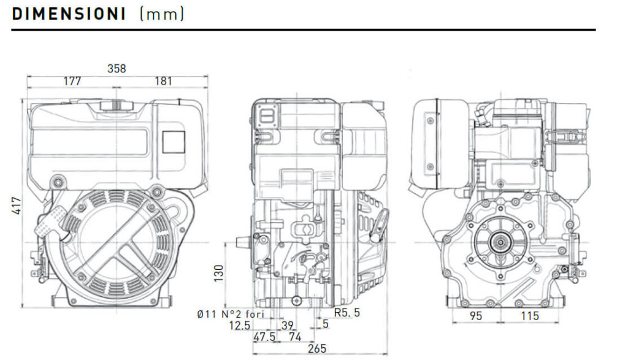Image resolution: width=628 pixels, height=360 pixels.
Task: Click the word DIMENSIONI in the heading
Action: coord(69,14)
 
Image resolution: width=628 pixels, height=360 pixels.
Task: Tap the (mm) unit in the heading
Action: coord(162,15)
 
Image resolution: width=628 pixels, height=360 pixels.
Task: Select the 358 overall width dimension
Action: coord(117,69)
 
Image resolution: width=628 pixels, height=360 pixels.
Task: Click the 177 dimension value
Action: coord(72,82)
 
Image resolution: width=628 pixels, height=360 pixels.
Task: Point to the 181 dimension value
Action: coord(163,82)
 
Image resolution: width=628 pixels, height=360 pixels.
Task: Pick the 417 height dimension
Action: coord(17,205)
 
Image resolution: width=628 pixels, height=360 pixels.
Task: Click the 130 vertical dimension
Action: coord(219,273)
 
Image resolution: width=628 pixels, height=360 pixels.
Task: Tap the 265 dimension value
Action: coord(317,348)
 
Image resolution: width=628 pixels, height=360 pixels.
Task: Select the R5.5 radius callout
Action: coord(347,312)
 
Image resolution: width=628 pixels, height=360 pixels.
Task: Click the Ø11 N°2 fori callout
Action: coord(231,314)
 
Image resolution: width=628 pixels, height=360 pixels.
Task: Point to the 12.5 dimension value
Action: coord(240,326)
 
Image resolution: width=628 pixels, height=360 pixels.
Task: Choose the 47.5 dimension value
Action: coord(264,337)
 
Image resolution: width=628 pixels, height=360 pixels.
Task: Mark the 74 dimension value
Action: coord(295,337)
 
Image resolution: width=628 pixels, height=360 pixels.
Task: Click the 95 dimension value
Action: coord(475,316)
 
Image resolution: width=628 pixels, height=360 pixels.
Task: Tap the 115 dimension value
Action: coord(530,316)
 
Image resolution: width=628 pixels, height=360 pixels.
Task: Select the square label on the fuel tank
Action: coord(174,142)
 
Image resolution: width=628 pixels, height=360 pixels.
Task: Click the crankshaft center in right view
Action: coord(500,242)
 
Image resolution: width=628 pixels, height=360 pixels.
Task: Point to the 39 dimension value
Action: coord(288,325)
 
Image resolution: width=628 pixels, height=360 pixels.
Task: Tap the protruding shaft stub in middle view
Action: coord(243,242)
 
